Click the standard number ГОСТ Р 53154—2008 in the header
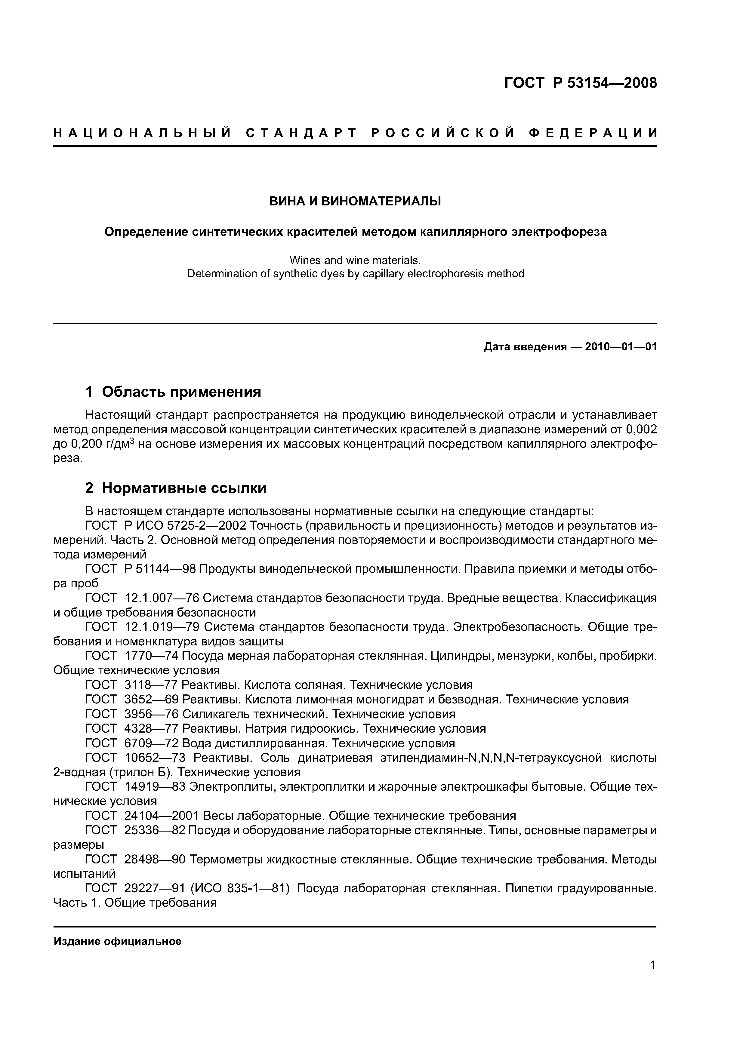(x=581, y=83)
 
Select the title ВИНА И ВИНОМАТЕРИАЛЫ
(x=355, y=201)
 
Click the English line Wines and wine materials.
(x=355, y=260)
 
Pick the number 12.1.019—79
(x=162, y=627)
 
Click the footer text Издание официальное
(x=118, y=942)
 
